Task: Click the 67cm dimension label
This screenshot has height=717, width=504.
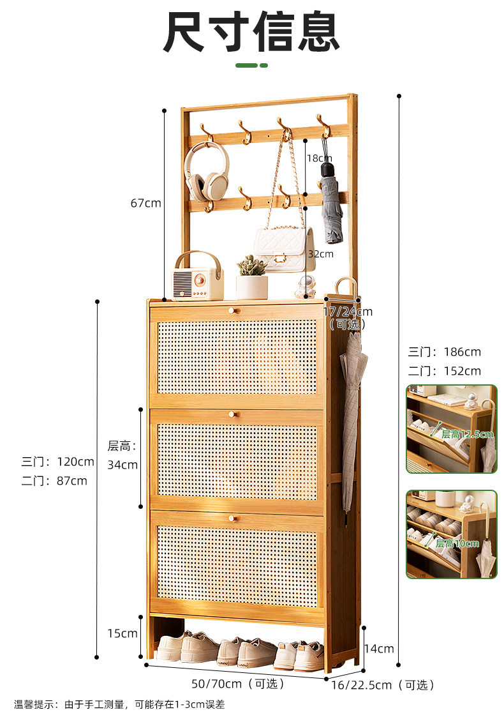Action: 145,203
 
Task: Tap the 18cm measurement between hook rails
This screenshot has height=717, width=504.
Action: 320,158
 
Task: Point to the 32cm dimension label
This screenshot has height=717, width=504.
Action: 320,253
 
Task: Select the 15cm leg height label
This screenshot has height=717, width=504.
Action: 122,633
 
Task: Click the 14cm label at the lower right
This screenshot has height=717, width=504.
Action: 379,649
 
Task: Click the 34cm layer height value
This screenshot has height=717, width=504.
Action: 122,464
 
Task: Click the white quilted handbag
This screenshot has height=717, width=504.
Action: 284,248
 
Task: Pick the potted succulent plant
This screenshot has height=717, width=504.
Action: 252,278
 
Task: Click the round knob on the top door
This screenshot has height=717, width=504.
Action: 232,310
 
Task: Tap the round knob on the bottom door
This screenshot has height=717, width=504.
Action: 232,518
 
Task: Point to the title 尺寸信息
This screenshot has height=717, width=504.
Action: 251,32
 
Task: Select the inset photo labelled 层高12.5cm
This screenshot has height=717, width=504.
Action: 451,428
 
